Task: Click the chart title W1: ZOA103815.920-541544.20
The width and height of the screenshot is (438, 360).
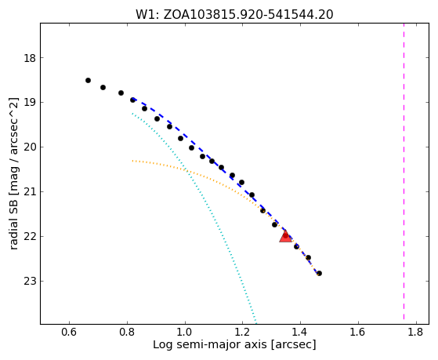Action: (x=234, y=15)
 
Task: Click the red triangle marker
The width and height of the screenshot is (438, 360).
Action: (x=285, y=237)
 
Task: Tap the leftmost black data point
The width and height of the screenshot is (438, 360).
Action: (x=88, y=81)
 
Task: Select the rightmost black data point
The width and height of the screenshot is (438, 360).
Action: (x=319, y=273)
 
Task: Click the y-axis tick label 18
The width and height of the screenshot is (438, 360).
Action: (x=30, y=58)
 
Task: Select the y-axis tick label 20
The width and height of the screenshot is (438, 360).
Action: (x=30, y=147)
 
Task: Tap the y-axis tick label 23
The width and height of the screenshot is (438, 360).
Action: (x=30, y=281)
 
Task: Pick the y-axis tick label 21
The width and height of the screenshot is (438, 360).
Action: (x=30, y=192)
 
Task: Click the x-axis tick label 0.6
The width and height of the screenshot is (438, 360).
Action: (x=69, y=332)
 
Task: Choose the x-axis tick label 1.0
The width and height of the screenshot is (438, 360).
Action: (x=185, y=332)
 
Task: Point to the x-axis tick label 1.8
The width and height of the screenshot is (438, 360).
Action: (x=416, y=332)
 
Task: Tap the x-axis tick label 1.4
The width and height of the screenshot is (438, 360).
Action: (x=300, y=332)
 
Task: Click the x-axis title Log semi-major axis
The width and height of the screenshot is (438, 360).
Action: (x=210, y=345)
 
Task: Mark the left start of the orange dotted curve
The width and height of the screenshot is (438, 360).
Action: (x=132, y=161)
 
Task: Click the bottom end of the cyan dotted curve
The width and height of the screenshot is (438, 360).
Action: (x=255, y=323)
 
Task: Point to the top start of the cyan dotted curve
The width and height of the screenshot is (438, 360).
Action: (x=132, y=113)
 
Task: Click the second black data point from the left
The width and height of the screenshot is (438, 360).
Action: (x=103, y=88)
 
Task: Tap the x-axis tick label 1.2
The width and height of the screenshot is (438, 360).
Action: (x=242, y=332)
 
